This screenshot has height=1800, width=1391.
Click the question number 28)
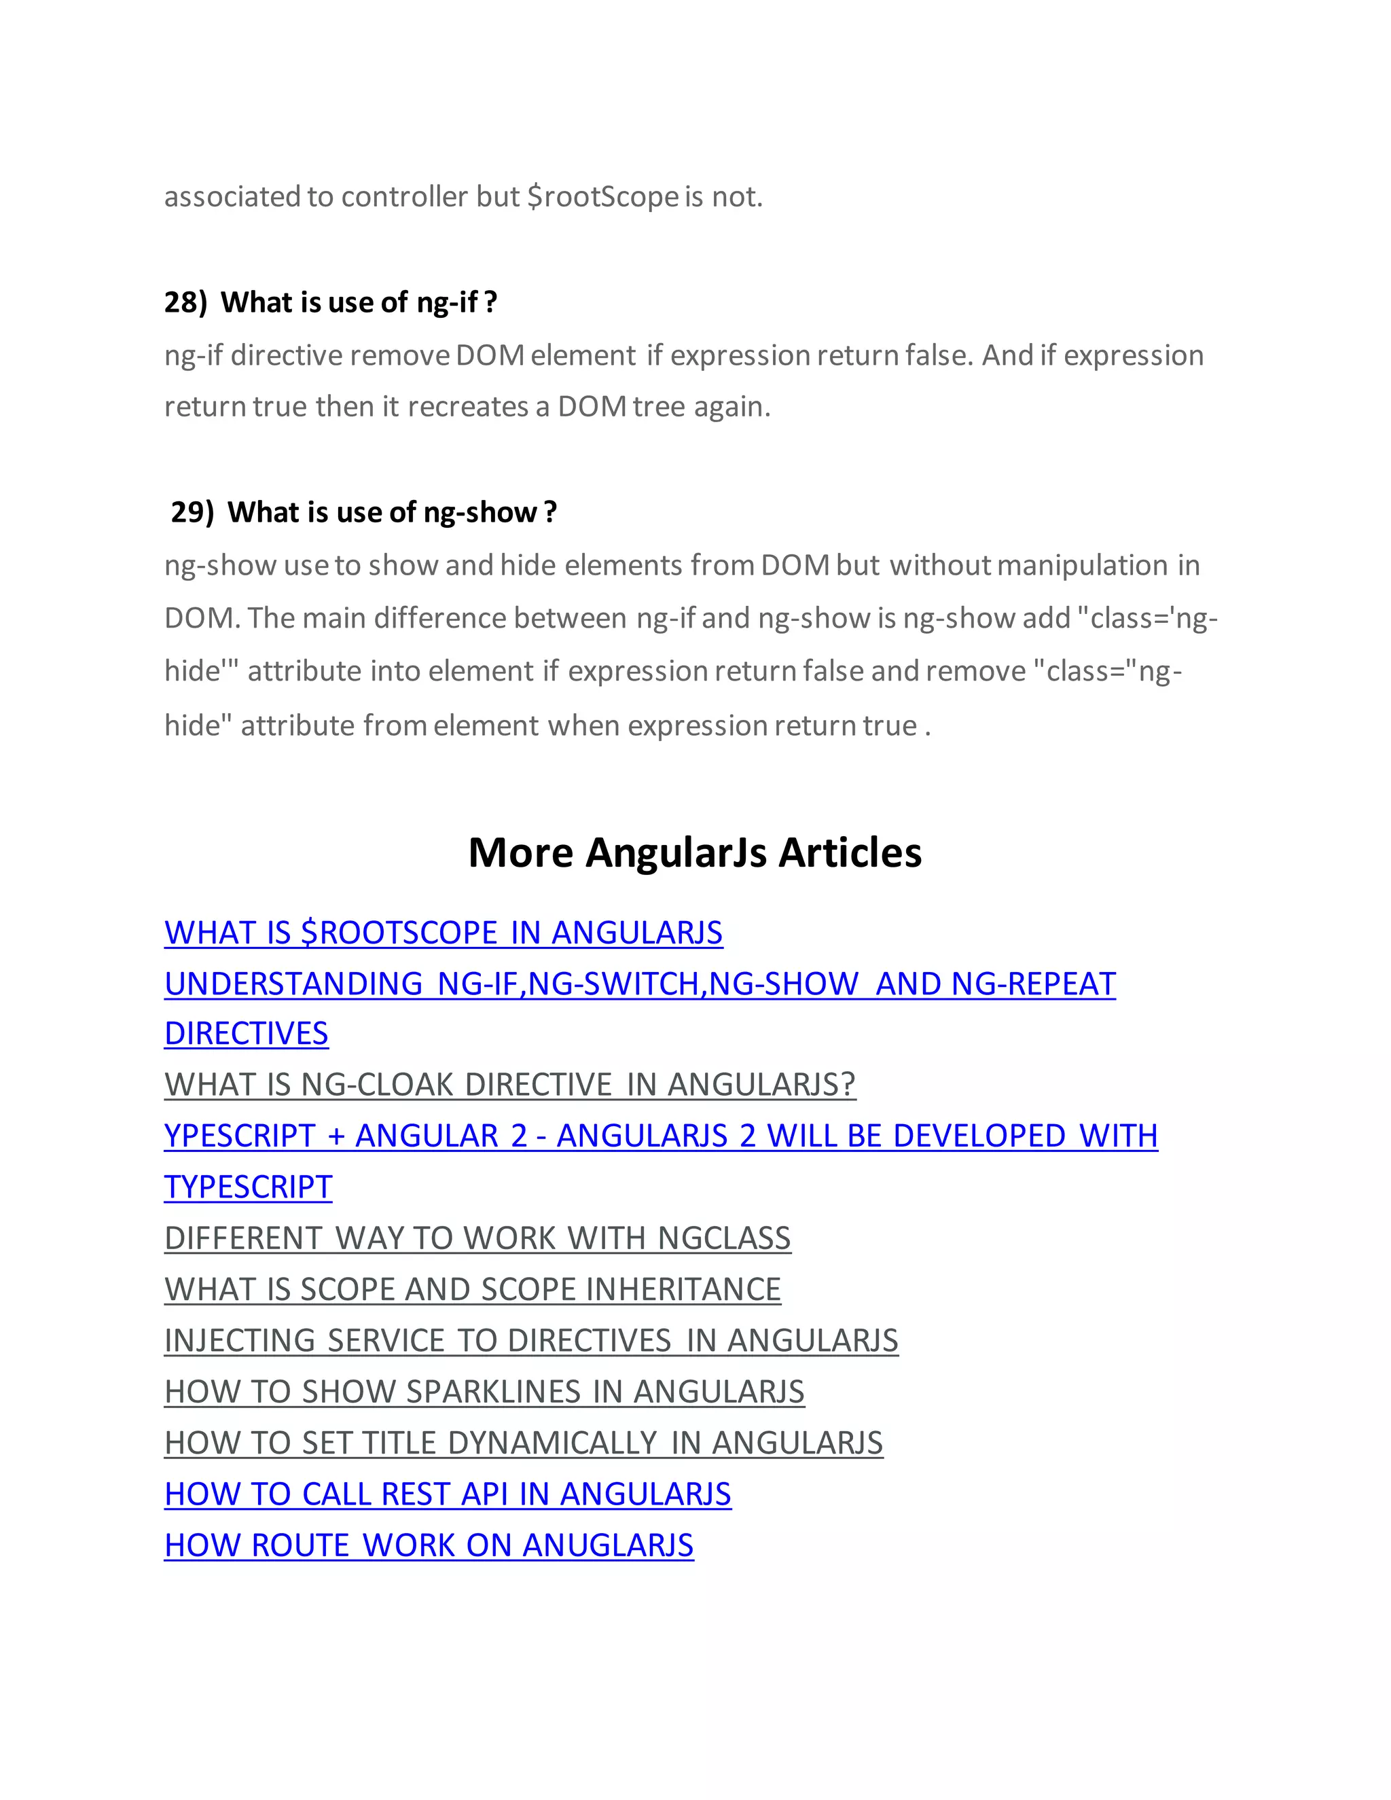pos(185,302)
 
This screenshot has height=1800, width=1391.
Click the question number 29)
pos(192,512)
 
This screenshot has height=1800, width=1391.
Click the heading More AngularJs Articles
pos(695,852)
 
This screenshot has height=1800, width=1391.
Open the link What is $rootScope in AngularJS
pos(444,932)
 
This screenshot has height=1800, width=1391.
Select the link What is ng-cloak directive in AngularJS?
pos(510,1085)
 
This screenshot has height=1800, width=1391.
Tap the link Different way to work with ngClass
pos(477,1238)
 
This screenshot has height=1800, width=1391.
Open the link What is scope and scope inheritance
pos(472,1289)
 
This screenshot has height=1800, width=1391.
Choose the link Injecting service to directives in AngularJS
pos(530,1340)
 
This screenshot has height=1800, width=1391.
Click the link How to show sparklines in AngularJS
pos(484,1391)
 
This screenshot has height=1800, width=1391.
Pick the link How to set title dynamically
pos(523,1442)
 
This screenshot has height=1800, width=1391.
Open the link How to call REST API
pos(448,1494)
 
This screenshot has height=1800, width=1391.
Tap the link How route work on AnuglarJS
pos(429,1545)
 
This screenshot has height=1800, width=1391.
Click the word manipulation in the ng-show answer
pos(1082,565)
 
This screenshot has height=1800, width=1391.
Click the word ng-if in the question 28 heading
pos(448,302)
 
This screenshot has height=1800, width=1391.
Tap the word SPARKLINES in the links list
pos(494,1391)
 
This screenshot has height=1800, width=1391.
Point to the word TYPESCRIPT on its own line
pos(248,1187)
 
